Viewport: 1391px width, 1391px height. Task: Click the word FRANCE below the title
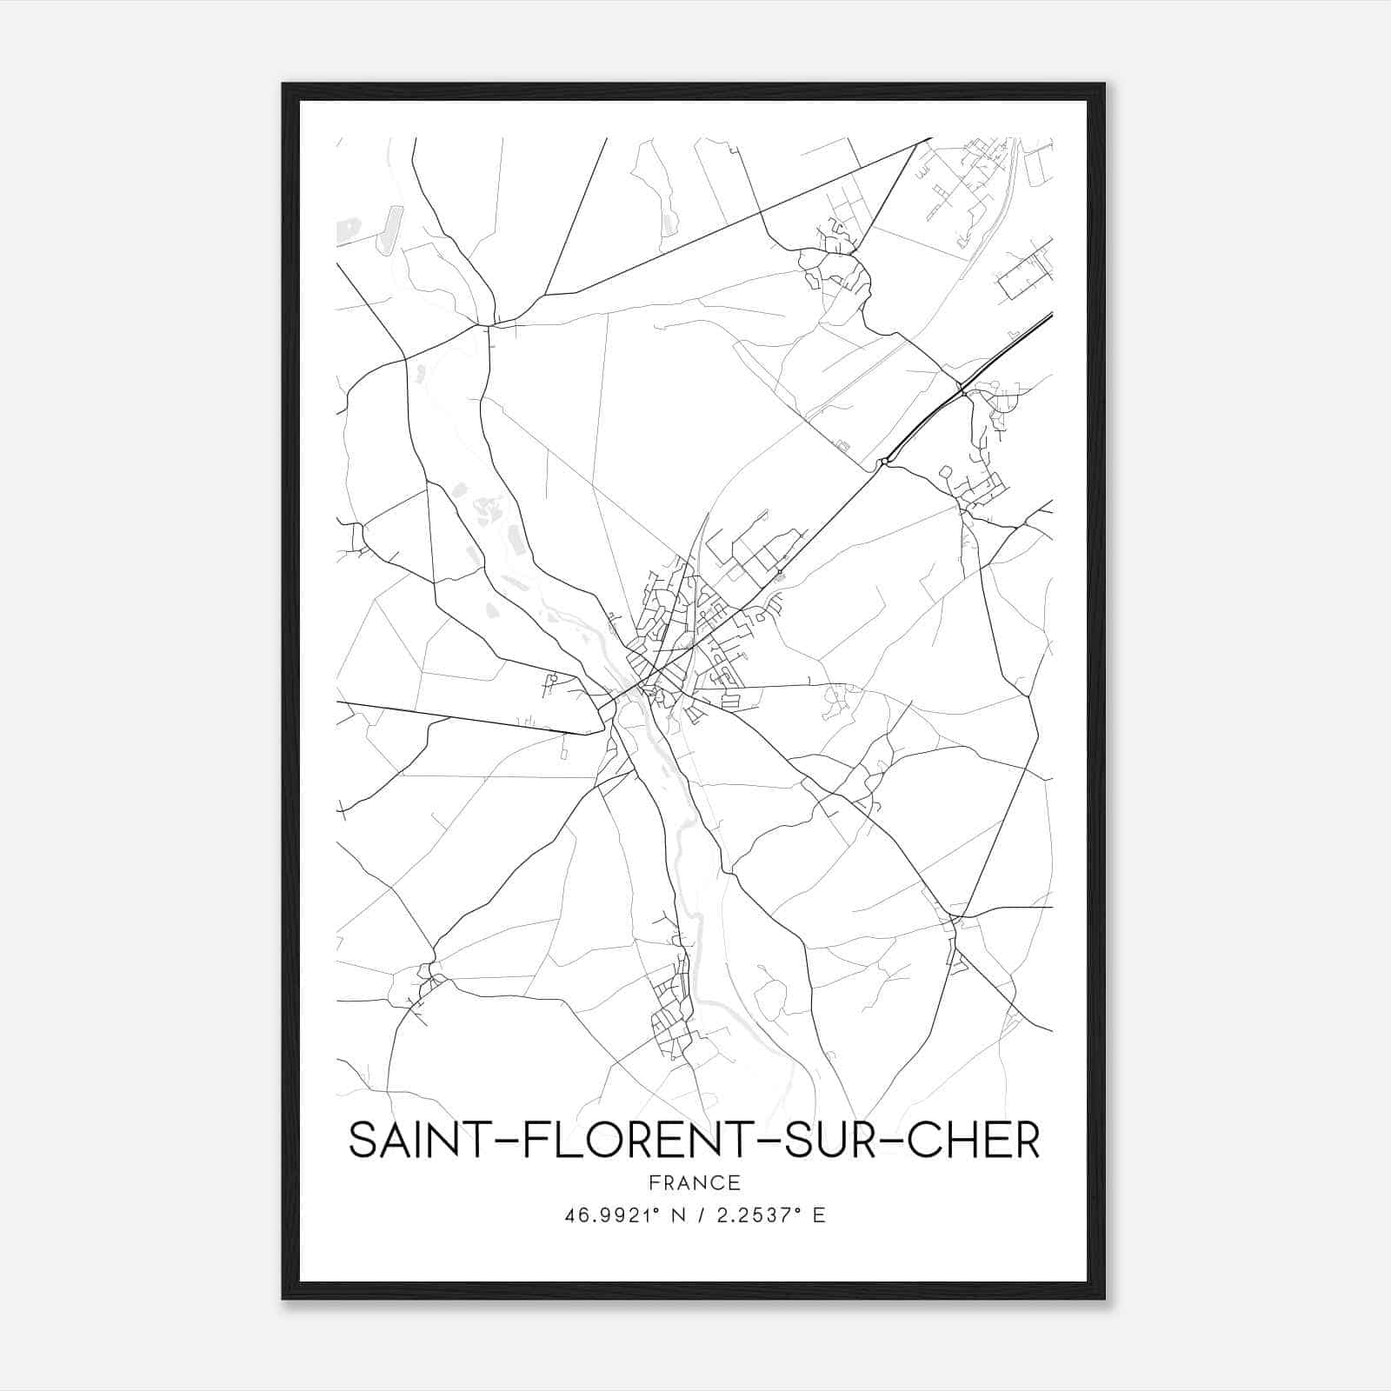[x=695, y=1182]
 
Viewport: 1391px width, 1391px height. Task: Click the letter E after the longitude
[x=818, y=1215]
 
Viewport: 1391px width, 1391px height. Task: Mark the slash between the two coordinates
[x=699, y=1215]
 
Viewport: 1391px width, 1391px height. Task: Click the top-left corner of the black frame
[x=283, y=84]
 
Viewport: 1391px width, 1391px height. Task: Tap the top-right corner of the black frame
[x=1104, y=84]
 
